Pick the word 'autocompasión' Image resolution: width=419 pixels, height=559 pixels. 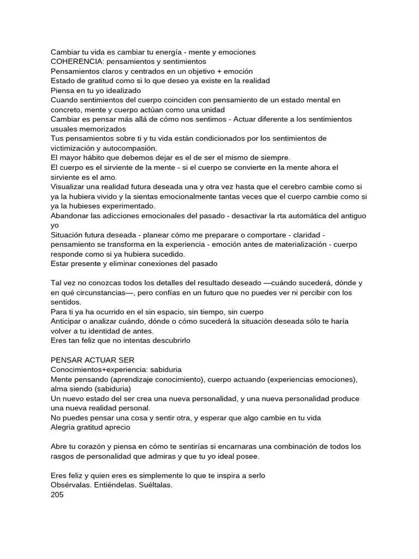point(130,148)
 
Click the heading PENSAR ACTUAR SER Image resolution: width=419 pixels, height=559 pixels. point(92,360)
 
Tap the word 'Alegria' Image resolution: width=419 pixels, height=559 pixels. point(63,427)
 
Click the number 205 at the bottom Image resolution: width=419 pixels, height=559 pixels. point(57,495)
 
